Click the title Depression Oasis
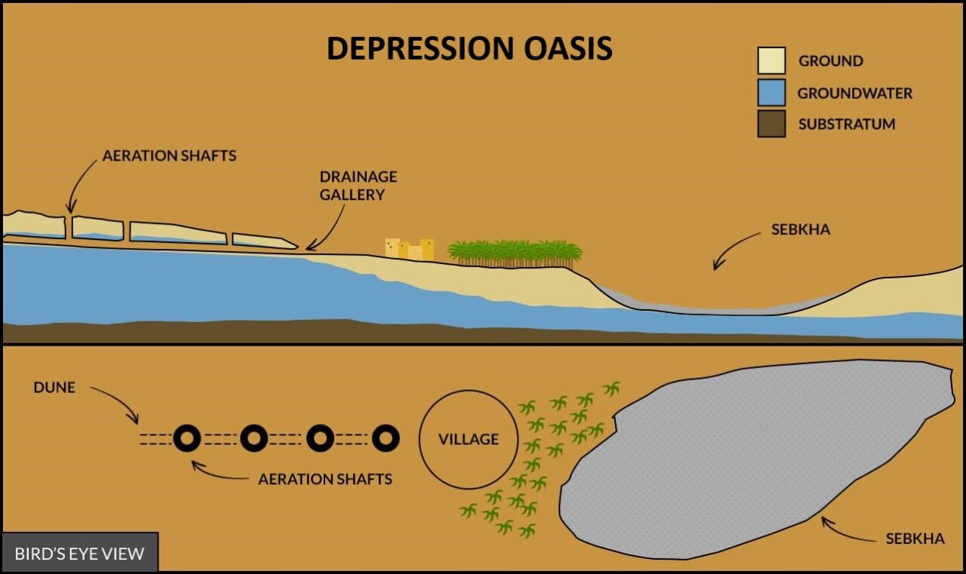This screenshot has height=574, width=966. (x=469, y=48)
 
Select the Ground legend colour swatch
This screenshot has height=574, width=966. (x=771, y=60)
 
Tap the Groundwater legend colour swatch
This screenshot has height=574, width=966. (x=771, y=93)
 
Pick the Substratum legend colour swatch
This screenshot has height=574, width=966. (x=771, y=124)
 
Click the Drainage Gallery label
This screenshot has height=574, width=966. (x=358, y=186)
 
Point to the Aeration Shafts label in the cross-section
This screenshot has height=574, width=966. (x=169, y=156)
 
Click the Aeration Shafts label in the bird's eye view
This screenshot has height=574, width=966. (x=325, y=479)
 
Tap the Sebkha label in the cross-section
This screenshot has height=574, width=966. (x=800, y=229)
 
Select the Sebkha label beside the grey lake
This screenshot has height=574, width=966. (x=915, y=539)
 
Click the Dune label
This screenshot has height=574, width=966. (x=54, y=387)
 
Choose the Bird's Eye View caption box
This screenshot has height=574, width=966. (x=79, y=553)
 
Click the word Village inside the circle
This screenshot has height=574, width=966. (x=469, y=439)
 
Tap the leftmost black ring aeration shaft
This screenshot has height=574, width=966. (x=186, y=437)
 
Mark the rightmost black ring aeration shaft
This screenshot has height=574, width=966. (x=386, y=437)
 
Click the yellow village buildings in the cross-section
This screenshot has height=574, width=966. (x=409, y=249)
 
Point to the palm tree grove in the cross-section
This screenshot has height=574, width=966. (x=515, y=253)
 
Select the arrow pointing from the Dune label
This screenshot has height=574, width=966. (x=118, y=403)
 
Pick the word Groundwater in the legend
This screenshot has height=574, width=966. (x=854, y=94)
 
